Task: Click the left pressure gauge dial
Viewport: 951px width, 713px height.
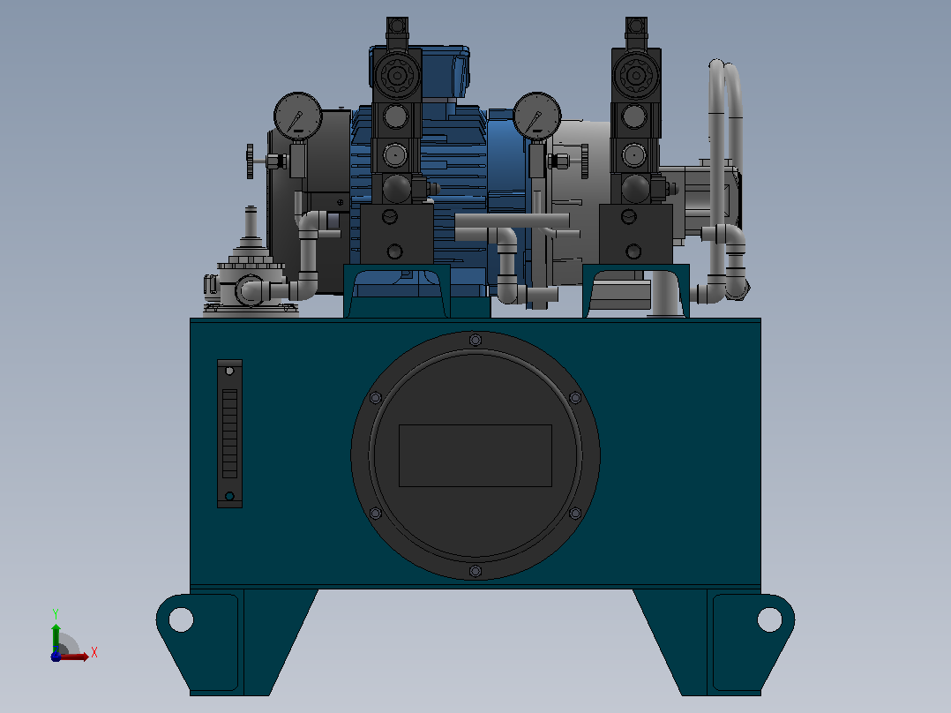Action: (298, 116)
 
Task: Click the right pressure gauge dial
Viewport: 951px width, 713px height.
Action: (537, 116)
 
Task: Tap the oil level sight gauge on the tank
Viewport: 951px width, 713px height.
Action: (230, 433)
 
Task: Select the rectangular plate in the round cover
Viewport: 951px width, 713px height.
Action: (475, 455)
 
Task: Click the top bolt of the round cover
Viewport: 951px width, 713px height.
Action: (475, 340)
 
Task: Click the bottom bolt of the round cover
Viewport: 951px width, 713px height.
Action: (475, 571)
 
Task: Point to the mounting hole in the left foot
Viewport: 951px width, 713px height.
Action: (181, 619)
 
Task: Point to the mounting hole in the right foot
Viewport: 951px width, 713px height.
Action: (769, 619)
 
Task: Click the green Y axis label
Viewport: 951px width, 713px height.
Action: (56, 614)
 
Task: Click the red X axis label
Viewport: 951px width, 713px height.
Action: (94, 653)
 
